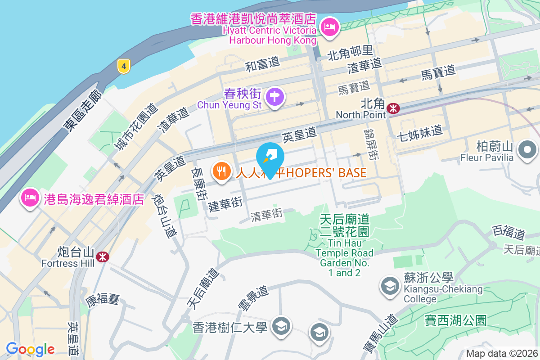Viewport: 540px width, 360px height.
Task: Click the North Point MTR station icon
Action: tap(394, 108)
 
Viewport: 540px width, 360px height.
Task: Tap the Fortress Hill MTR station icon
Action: tap(103, 256)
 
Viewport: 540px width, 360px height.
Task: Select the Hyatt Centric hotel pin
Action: tap(330, 27)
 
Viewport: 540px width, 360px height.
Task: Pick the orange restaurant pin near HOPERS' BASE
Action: tap(221, 171)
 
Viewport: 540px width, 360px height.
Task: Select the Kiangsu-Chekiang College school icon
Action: tap(390, 285)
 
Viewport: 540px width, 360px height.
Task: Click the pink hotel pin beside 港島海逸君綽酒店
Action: tap(30, 198)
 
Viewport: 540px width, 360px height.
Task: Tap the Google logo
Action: tap(30, 349)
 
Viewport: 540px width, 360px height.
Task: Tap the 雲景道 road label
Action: tap(253, 298)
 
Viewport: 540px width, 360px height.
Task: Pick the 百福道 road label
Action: tap(508, 233)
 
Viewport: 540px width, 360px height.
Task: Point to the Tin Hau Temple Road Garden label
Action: tap(344, 246)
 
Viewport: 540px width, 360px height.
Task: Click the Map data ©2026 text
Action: tap(502, 354)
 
